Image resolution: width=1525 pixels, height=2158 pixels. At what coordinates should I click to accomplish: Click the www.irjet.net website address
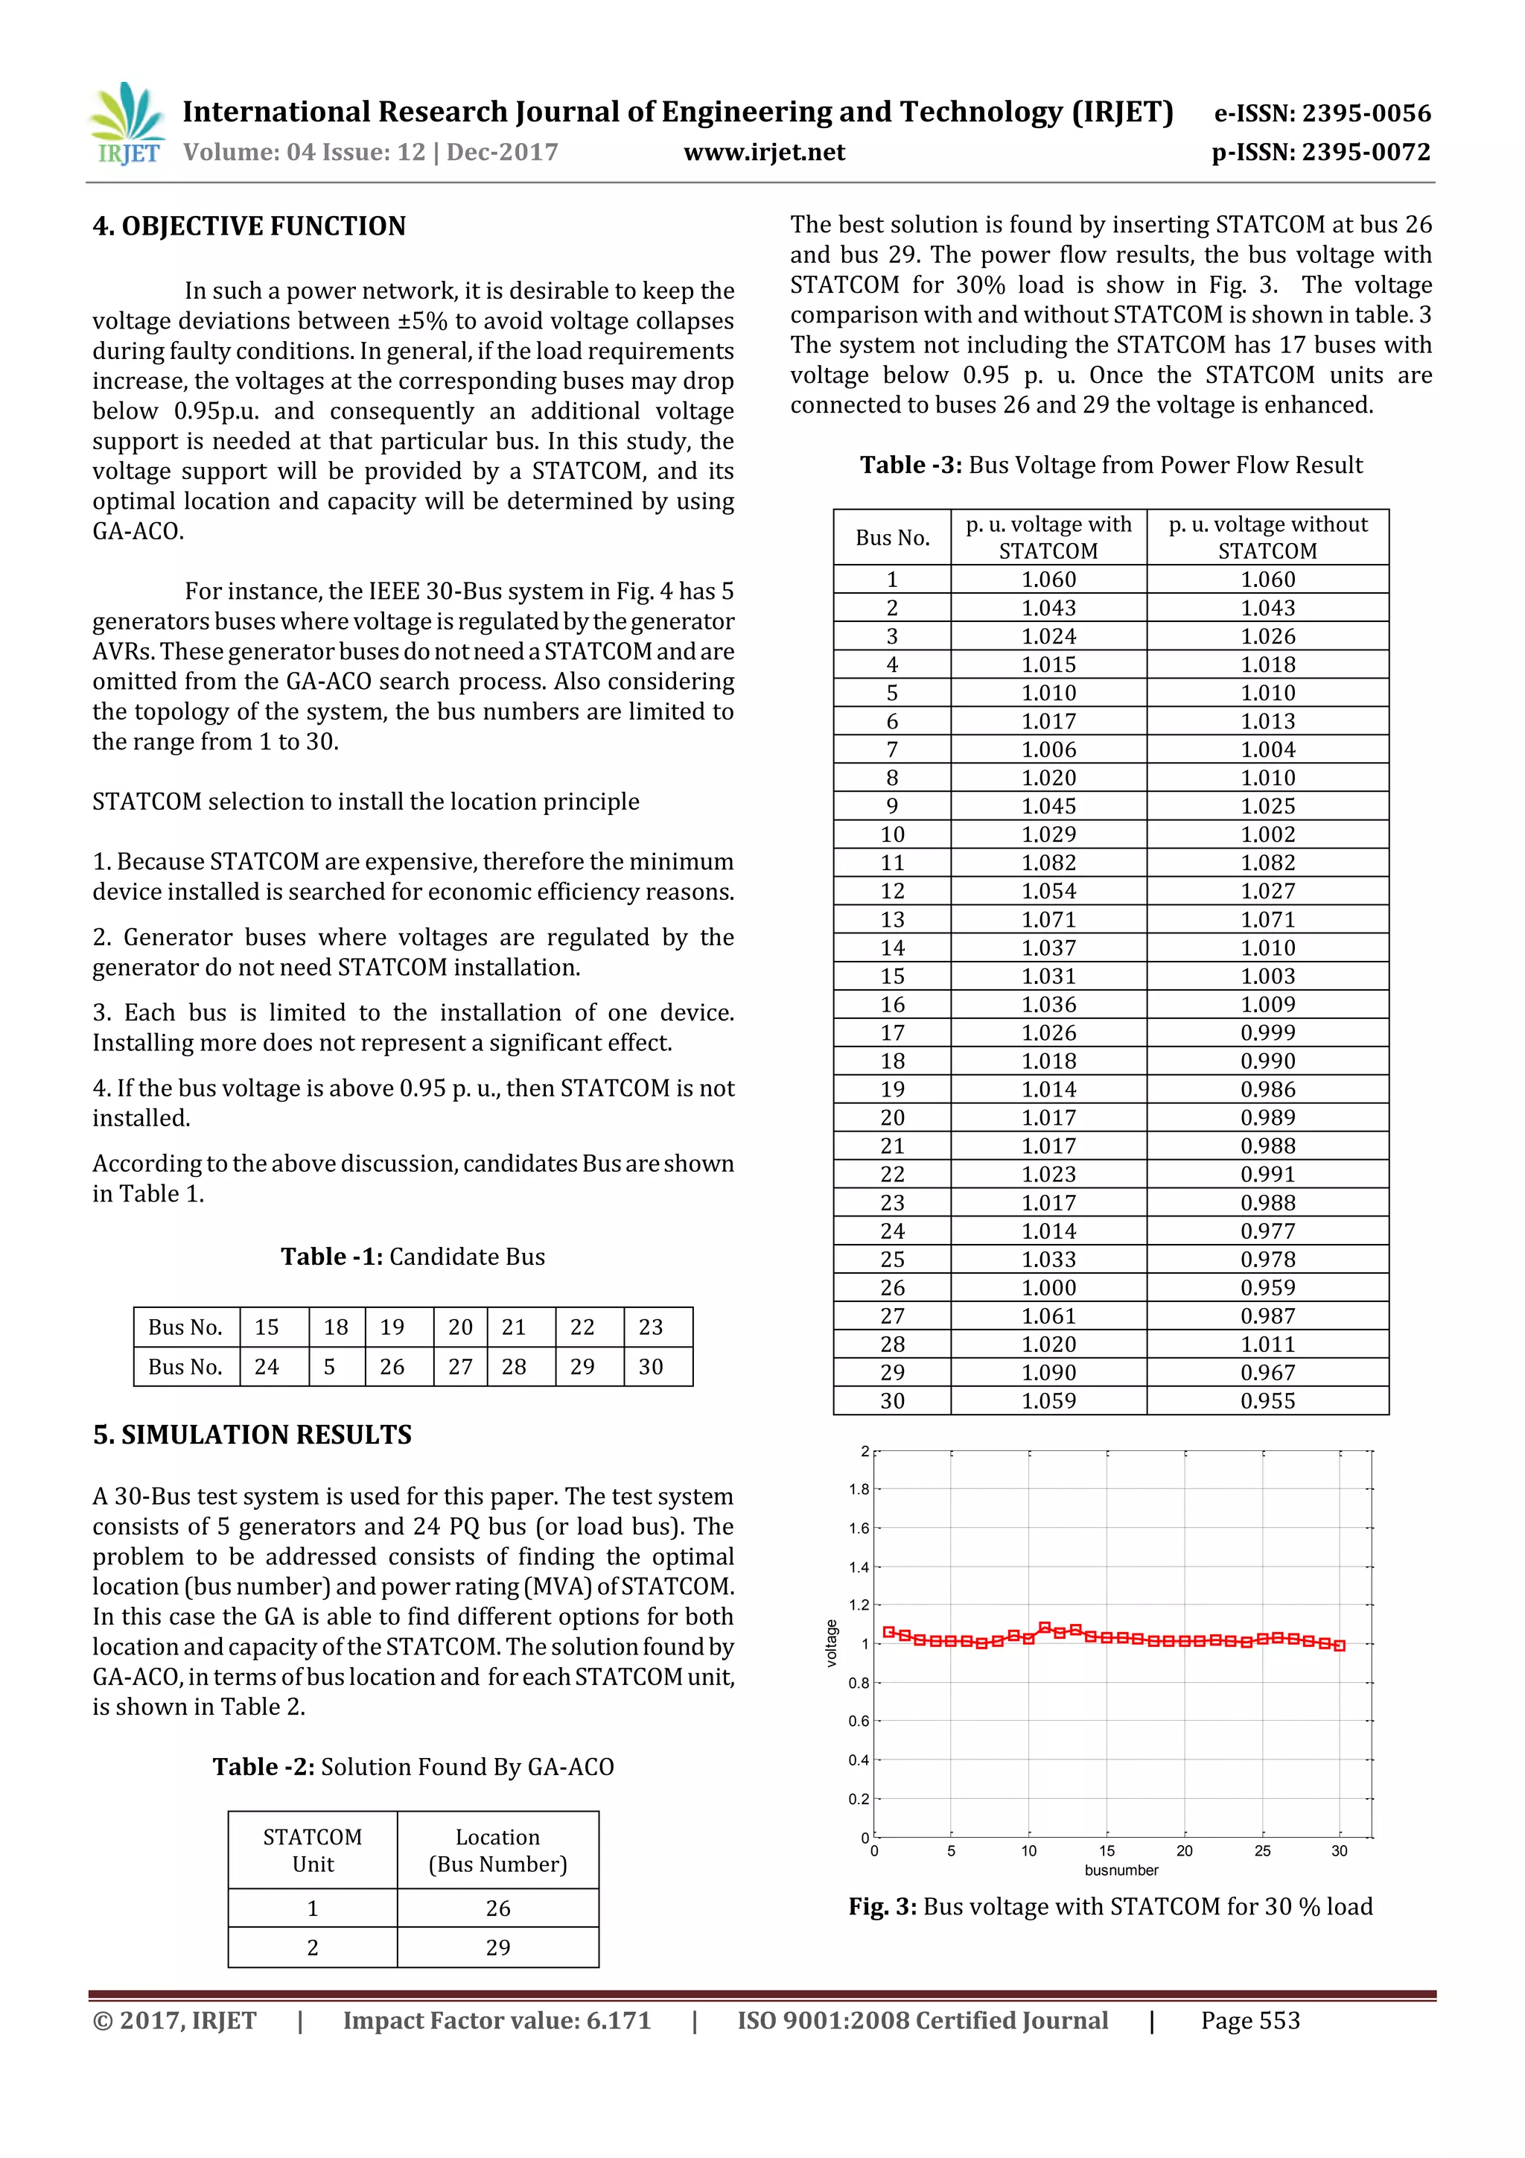click(x=764, y=152)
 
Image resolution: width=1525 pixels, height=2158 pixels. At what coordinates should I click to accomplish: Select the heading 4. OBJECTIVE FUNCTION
click(x=249, y=226)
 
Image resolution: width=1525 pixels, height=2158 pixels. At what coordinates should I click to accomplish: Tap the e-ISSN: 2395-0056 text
click(x=1322, y=114)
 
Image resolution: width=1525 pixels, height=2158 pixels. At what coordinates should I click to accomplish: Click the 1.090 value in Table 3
click(x=1048, y=1372)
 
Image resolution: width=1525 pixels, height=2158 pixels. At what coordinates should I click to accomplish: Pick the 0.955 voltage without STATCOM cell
click(x=1267, y=1400)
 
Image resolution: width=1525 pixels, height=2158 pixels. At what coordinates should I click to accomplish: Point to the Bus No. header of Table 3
click(x=892, y=538)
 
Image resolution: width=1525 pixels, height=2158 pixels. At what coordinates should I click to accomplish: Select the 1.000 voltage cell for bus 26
click(x=1048, y=1288)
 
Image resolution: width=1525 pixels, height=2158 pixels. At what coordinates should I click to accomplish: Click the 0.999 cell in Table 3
click(x=1267, y=1033)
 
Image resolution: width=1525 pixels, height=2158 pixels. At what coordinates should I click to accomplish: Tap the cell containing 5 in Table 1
click(x=330, y=1367)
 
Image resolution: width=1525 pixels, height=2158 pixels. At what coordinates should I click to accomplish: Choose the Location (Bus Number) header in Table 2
click(x=497, y=1850)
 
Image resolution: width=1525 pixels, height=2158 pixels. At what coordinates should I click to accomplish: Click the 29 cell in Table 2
click(x=497, y=1947)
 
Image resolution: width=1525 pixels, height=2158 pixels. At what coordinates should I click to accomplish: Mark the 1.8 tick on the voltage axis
click(x=859, y=1489)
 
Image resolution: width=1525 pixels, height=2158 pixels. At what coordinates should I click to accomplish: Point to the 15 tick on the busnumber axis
click(x=1107, y=1850)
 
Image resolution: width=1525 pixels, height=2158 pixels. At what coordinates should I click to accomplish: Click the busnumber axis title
click(x=1121, y=1870)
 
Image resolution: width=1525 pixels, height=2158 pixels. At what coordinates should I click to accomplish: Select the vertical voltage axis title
click(x=830, y=1644)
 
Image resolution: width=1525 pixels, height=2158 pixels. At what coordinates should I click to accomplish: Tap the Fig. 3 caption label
click(x=882, y=1906)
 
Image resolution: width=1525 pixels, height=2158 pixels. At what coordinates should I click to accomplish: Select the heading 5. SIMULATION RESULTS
click(x=252, y=1434)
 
